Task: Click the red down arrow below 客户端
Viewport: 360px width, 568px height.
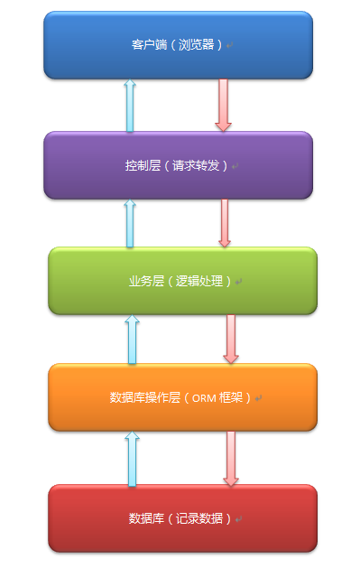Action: (x=223, y=105)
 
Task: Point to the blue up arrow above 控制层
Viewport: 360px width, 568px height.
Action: (x=130, y=105)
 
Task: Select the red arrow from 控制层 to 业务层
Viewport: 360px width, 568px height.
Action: (x=224, y=222)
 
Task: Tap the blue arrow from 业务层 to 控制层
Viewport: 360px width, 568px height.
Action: (x=129, y=222)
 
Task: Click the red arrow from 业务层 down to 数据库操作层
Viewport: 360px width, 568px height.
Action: (x=231, y=339)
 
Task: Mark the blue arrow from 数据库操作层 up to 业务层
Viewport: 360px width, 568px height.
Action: (x=133, y=339)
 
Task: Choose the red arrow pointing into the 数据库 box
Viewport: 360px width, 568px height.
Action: (x=231, y=458)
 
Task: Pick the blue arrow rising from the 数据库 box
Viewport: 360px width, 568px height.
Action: (x=133, y=458)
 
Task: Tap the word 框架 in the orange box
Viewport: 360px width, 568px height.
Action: (x=240, y=397)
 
